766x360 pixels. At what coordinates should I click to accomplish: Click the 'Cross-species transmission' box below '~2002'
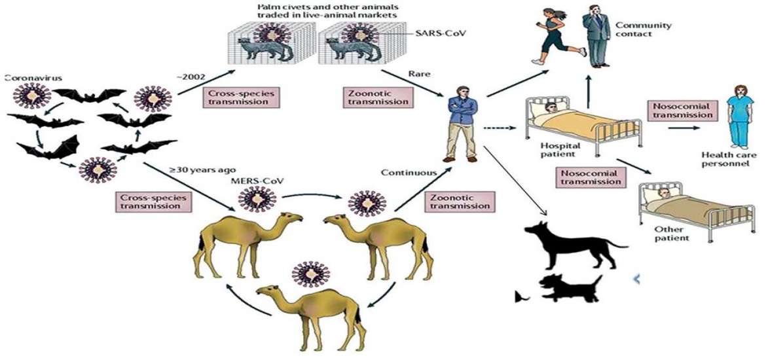click(241, 97)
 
